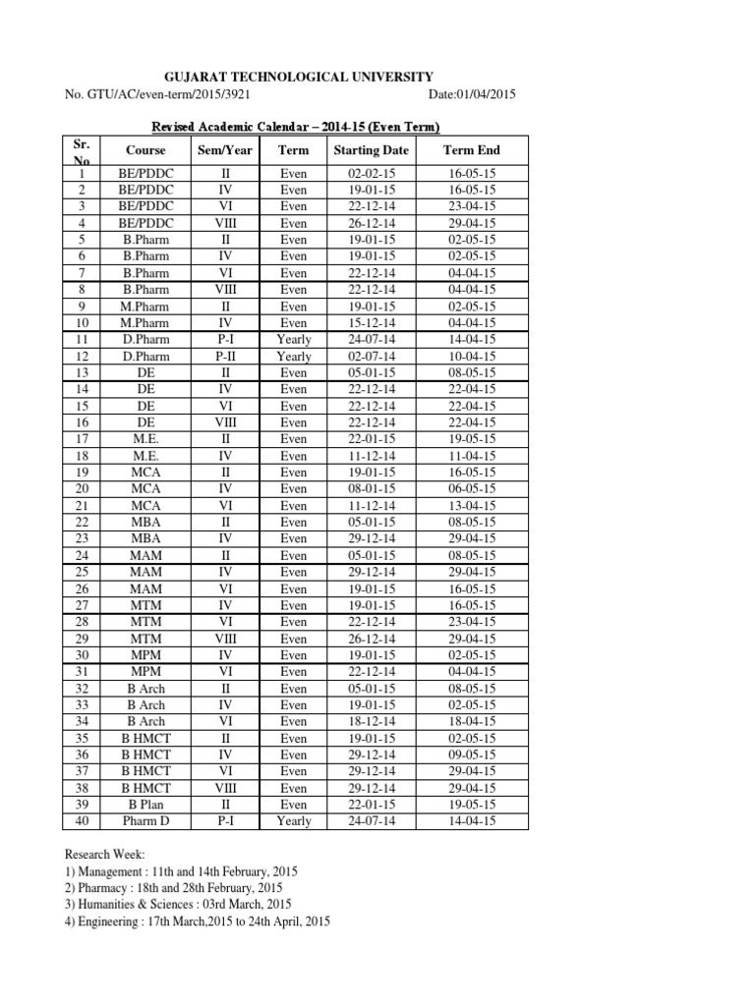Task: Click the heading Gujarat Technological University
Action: pyautogui.click(x=294, y=77)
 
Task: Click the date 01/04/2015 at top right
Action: pyautogui.click(x=472, y=94)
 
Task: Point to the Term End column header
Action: pyautogui.click(x=472, y=150)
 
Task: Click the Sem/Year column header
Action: pyautogui.click(x=225, y=150)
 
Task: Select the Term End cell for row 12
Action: pyautogui.click(x=472, y=356)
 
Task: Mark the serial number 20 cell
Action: pyautogui.click(x=82, y=489)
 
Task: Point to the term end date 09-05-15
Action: pyautogui.click(x=472, y=754)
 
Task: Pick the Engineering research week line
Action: pyautogui.click(x=197, y=922)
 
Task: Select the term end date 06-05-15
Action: pyautogui.click(x=472, y=489)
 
